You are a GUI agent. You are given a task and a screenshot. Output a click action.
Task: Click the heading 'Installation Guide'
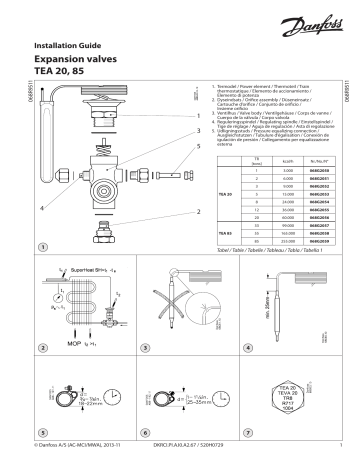pyautogui.click(x=67, y=47)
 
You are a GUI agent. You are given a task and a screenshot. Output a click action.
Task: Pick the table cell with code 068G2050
pyautogui.click(x=317, y=173)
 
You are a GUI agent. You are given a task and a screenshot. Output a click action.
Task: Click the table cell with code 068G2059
pyautogui.click(x=317, y=242)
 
